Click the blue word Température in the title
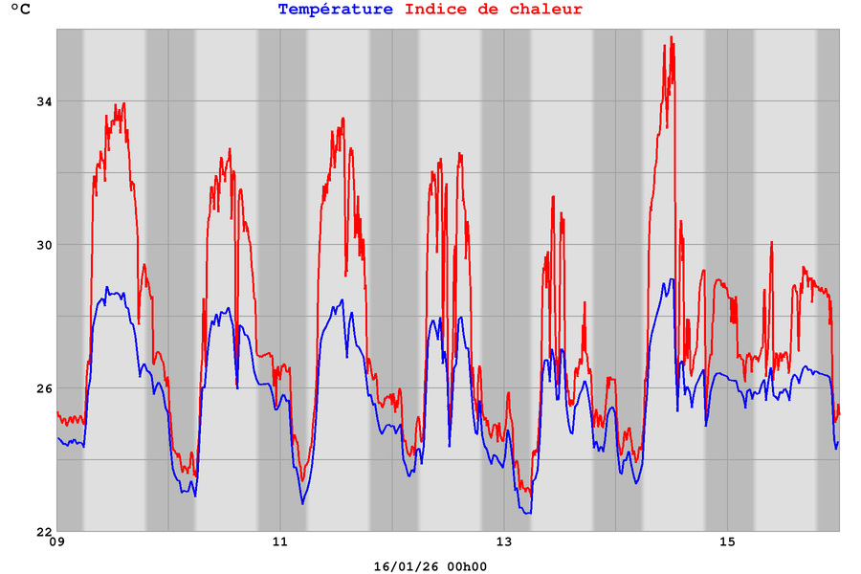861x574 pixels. [335, 10]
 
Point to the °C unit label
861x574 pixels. [20, 11]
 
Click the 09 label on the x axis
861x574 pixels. [57, 543]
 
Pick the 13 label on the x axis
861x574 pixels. [504, 543]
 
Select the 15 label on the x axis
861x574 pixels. [727, 543]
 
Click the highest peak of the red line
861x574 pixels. [673, 37]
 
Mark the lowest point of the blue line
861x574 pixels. [526, 514]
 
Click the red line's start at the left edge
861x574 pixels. [57, 412]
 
